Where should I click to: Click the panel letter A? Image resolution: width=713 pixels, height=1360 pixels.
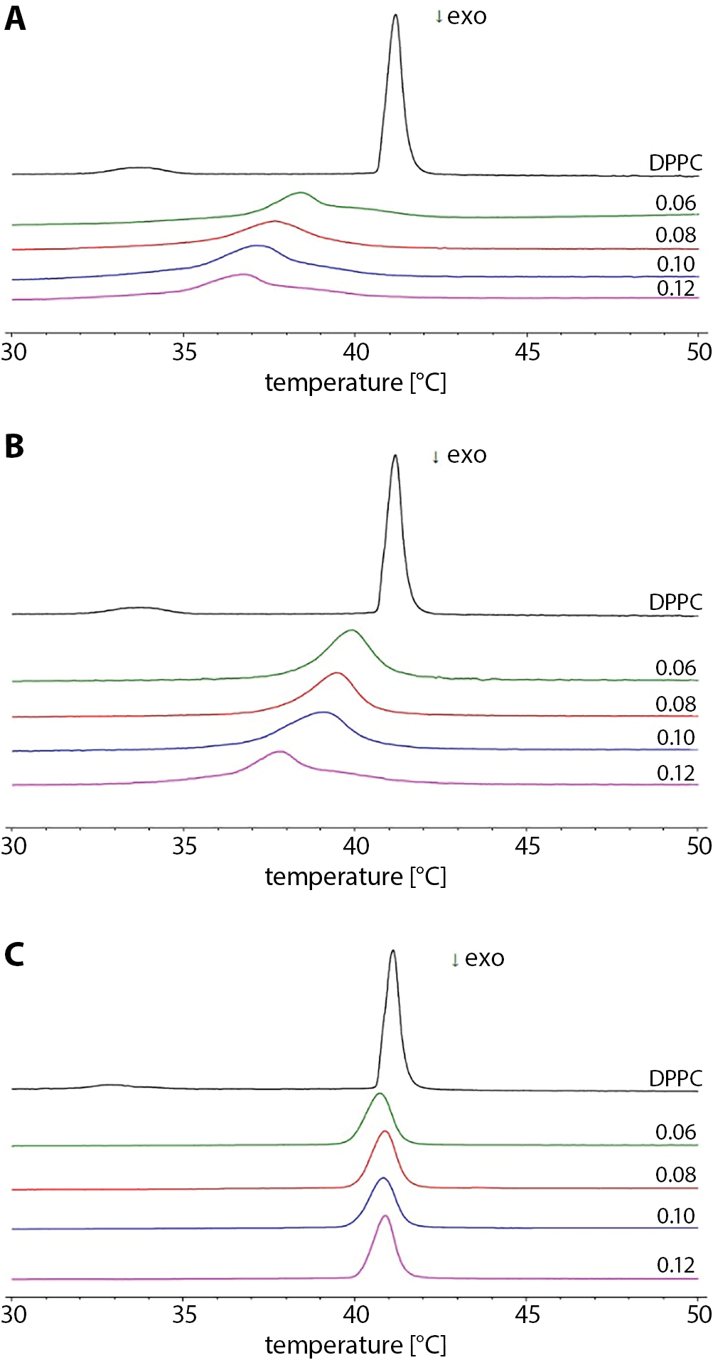click(15, 18)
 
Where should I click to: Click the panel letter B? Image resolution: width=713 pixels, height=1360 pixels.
click(14, 446)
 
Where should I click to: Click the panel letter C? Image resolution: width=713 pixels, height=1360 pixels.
click(14, 954)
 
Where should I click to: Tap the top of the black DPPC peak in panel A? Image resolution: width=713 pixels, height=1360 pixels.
click(395, 16)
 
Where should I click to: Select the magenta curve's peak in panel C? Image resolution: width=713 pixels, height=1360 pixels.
click(385, 1216)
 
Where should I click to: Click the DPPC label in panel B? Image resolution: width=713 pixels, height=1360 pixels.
click(675, 602)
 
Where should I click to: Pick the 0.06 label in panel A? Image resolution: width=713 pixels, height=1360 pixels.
click(675, 203)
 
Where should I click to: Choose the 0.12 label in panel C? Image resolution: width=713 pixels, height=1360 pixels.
click(675, 1265)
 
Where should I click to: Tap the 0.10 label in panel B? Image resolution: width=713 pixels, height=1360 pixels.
click(675, 737)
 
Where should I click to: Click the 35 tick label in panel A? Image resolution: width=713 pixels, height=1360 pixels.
click(184, 352)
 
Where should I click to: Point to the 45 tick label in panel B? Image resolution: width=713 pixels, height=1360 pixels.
click(527, 846)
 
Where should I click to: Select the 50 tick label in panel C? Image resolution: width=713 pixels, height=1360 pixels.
click(699, 1315)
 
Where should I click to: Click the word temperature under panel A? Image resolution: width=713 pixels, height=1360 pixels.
click(334, 382)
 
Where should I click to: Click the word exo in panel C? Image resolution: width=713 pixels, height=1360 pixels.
click(485, 958)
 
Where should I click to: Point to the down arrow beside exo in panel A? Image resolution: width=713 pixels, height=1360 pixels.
click(439, 18)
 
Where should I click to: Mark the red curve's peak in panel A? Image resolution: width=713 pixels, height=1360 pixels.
click(275, 221)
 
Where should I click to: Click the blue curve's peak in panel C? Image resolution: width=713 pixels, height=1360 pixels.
click(383, 1178)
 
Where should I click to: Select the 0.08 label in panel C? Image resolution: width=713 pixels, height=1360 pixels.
click(675, 1174)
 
